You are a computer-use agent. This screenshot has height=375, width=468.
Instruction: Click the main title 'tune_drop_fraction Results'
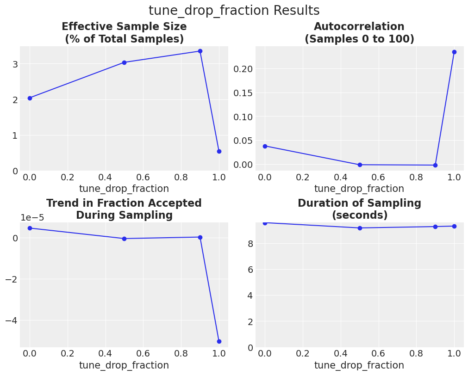coord(234,11)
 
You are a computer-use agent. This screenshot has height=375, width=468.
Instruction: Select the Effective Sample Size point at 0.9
coord(200,51)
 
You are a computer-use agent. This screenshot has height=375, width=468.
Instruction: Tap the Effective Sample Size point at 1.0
coord(219,151)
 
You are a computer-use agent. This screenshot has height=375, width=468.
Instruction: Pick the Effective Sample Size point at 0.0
coord(30,98)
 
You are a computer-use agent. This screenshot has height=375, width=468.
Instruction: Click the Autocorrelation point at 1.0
coord(454,52)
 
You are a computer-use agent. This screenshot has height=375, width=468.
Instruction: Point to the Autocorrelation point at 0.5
coord(360,165)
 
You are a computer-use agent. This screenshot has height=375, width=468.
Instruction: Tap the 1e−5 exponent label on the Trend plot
coord(32,218)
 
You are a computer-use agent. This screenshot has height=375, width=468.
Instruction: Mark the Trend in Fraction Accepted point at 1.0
coord(219,341)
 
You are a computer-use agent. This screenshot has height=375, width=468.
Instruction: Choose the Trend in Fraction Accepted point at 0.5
coord(124,239)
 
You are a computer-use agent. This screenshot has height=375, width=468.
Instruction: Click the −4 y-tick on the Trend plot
coord(11,320)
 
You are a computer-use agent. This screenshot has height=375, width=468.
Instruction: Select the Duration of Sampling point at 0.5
coord(360,228)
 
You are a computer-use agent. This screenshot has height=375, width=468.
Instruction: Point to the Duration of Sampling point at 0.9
coord(435,227)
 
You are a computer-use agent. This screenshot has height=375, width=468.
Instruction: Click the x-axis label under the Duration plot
coord(359,365)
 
